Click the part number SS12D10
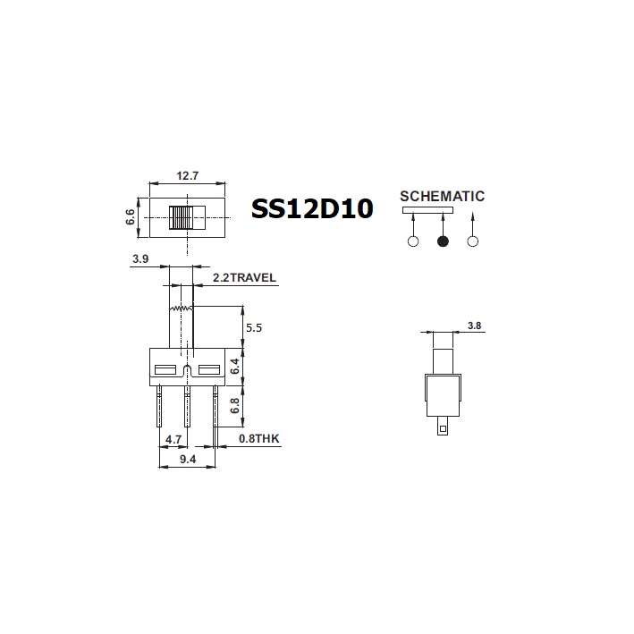coord(312,209)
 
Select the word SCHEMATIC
coord(442,196)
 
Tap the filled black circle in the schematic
coord(442,241)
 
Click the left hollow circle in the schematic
coord(412,241)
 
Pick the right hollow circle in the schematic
coord(473,241)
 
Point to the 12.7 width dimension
coord(187,175)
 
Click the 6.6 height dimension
coord(131,216)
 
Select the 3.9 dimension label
coord(140,259)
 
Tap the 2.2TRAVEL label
coord(244,278)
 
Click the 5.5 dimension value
coord(253,328)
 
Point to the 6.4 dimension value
coord(233,367)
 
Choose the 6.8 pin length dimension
coord(233,405)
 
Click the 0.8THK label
coord(259,440)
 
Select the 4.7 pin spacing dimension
coord(175,440)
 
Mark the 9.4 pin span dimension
coord(188,460)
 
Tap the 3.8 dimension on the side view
coord(473,326)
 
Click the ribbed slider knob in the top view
coord(182,218)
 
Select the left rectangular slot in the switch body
coord(165,369)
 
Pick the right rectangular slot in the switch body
coord(208,369)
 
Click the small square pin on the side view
coord(442,429)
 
